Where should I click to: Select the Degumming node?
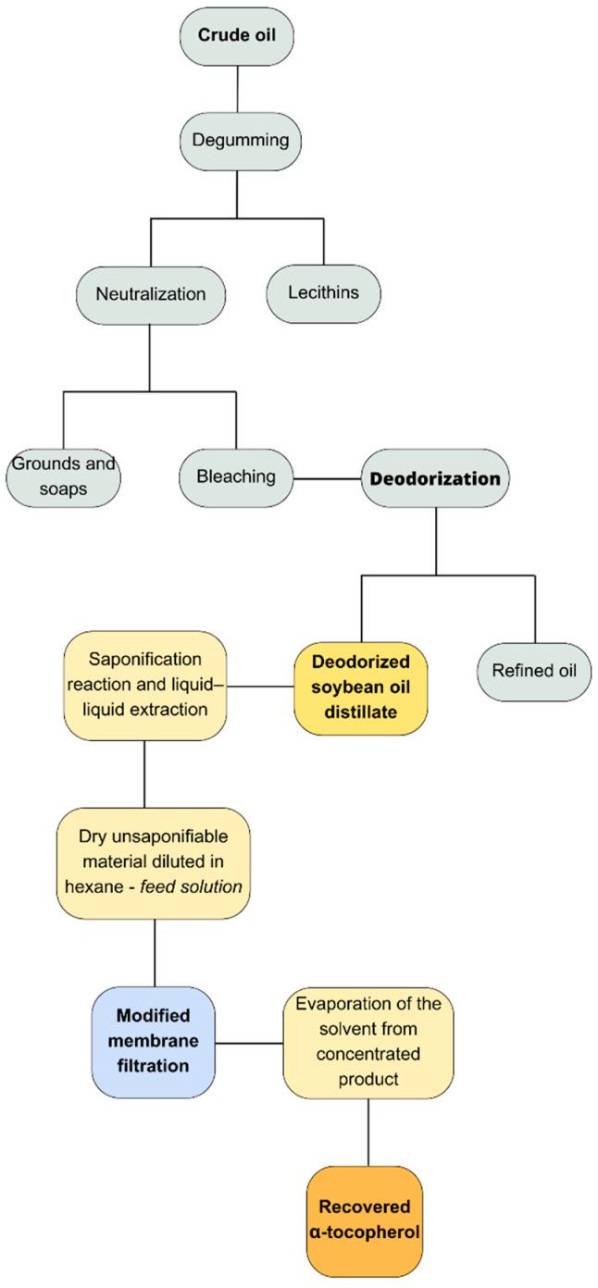238,140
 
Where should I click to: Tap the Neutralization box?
150,295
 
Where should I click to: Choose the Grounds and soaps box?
63,477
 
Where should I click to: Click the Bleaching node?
236,477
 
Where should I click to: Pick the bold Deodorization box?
434,479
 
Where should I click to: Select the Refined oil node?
534,670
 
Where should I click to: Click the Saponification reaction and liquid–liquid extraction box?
146,686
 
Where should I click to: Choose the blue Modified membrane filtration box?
154,1042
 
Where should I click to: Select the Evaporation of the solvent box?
368,1042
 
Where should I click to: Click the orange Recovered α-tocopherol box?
365,1220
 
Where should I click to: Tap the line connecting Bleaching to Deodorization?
326,479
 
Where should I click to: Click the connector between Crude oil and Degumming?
238,89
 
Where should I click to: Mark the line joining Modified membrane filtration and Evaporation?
248,1043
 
